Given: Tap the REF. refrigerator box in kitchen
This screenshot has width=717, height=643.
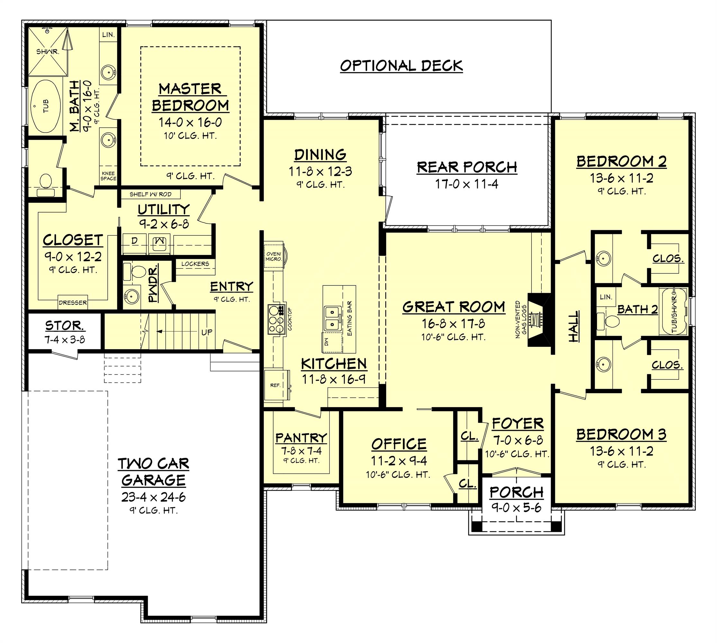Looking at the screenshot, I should pyautogui.click(x=276, y=385).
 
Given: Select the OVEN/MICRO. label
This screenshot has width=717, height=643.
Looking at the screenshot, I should pyautogui.click(x=274, y=256).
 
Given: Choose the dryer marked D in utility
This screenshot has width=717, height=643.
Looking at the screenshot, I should pyautogui.click(x=134, y=241).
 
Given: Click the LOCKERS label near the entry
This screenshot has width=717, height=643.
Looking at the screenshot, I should pyautogui.click(x=195, y=264).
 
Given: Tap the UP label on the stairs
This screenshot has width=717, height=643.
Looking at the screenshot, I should pyautogui.click(x=207, y=332).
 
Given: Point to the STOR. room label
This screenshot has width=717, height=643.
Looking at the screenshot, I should pyautogui.click(x=65, y=325).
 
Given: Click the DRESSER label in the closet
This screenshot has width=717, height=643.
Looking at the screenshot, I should pyautogui.click(x=73, y=303).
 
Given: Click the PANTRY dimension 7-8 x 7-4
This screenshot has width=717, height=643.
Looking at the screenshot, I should pyautogui.click(x=301, y=451).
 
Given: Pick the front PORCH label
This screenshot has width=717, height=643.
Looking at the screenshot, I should pyautogui.click(x=516, y=492).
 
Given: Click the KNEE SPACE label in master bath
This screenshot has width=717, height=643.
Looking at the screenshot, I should pyautogui.click(x=108, y=176).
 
